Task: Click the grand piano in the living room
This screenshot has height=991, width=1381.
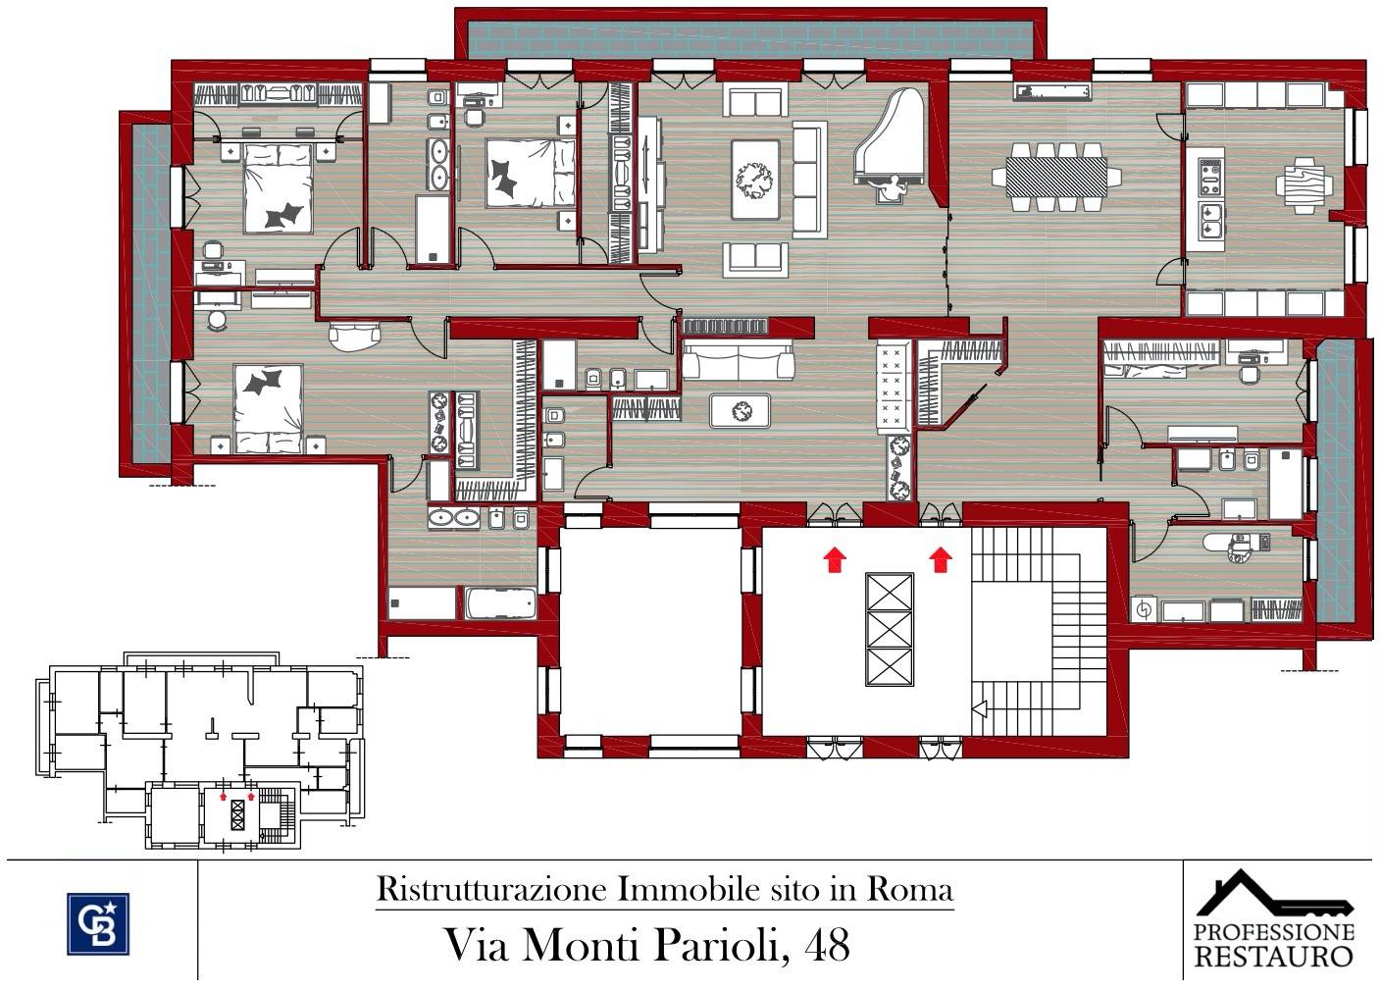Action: coord(893,142)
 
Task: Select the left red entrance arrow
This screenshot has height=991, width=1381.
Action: coord(834,559)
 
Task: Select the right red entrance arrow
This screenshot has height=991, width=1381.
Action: coord(941,559)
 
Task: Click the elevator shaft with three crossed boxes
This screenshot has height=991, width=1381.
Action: coord(889,629)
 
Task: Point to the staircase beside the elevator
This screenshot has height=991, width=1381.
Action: coord(1040,628)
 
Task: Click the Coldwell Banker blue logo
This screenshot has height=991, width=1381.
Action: coord(98,922)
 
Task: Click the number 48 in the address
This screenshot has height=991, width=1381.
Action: coord(827,945)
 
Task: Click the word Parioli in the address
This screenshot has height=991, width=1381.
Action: coord(717,945)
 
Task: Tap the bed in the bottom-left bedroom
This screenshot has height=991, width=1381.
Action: coord(267,407)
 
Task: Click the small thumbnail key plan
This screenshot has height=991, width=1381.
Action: coord(201,751)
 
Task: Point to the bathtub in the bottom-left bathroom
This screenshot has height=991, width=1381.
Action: coord(500,602)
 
